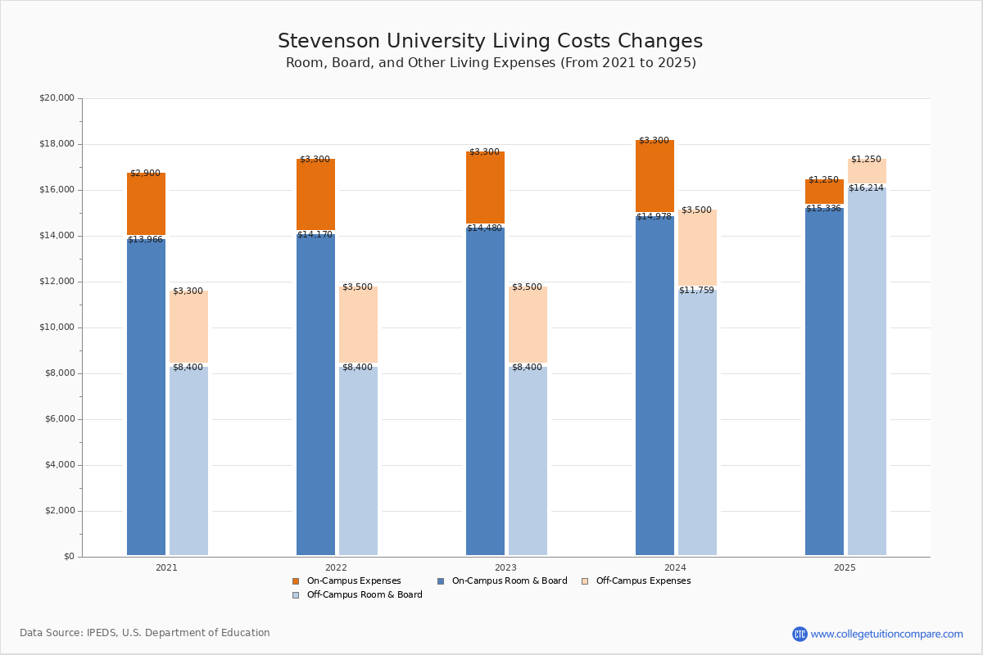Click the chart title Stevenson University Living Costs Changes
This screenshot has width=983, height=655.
[x=490, y=42]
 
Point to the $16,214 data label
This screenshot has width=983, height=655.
[x=866, y=188]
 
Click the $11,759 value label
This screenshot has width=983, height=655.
[x=696, y=291]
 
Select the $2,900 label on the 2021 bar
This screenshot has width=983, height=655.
[x=145, y=174]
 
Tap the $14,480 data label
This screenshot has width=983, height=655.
[x=484, y=228]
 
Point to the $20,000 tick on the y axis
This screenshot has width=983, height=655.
[x=57, y=98]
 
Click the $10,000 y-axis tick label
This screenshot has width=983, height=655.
[x=57, y=327]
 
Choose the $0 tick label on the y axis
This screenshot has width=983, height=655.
[x=68, y=557]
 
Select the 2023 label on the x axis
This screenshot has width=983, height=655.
[x=505, y=567]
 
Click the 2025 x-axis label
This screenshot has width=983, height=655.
[x=845, y=567]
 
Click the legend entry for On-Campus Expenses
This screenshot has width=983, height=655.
[x=353, y=581]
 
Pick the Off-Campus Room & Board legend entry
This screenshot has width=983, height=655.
[x=364, y=595]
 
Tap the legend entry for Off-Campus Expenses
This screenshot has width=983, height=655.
[x=642, y=581]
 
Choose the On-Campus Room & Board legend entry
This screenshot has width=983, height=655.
[x=509, y=581]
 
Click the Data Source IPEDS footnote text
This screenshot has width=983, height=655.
[x=145, y=633]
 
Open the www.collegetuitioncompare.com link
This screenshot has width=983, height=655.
[x=886, y=634]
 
